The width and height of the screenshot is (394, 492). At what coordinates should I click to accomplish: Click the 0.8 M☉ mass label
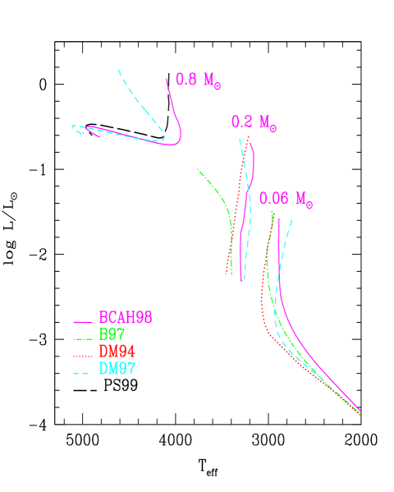click(198, 80)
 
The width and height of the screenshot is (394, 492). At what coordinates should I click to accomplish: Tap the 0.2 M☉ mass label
click(253, 122)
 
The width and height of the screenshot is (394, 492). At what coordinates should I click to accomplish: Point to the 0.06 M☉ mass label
click(285, 199)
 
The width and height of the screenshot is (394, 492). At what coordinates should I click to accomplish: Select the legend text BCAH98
click(126, 317)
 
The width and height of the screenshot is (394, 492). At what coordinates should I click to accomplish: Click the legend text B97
click(112, 334)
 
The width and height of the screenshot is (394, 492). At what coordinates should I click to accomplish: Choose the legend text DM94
click(117, 352)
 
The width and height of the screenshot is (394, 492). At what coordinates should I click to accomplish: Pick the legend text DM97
click(117, 369)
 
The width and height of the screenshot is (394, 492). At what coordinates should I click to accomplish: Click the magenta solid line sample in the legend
click(82, 322)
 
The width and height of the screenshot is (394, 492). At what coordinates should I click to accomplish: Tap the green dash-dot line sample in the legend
click(82, 338)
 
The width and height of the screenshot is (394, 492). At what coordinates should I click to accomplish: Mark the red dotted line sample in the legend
click(82, 356)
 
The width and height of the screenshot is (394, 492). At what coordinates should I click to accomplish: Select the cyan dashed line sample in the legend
click(82, 373)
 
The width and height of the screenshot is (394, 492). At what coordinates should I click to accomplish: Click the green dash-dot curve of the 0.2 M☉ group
click(218, 193)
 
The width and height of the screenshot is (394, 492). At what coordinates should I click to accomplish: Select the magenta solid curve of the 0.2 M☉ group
click(245, 205)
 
